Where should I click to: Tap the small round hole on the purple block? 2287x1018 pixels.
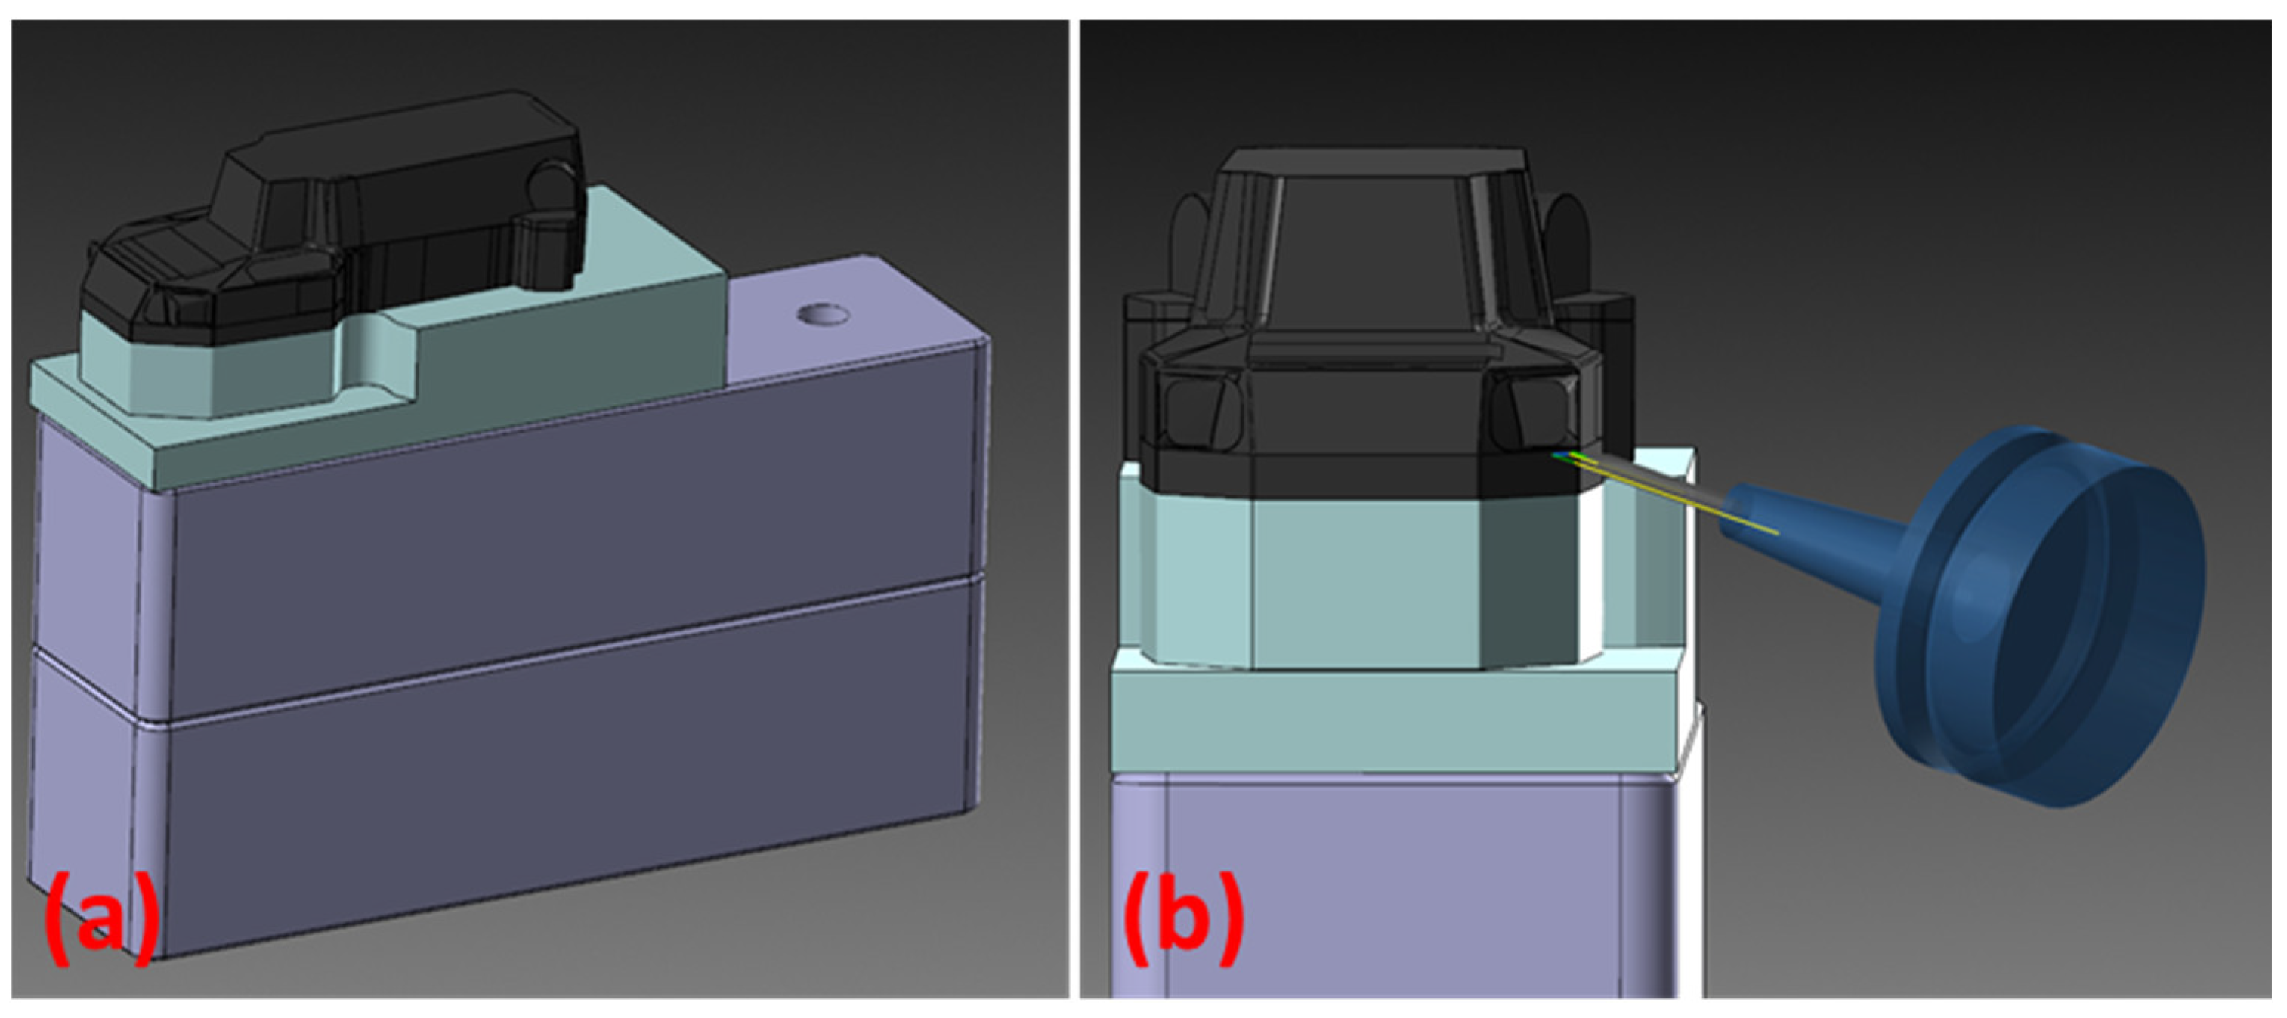coord(822,314)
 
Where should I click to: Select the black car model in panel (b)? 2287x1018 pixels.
coord(1385,329)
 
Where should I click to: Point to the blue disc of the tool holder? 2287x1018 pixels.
coord(2042,617)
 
